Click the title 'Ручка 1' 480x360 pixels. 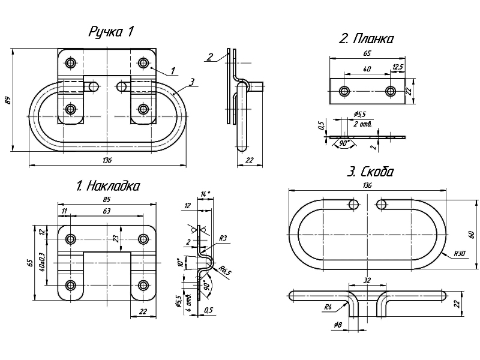click(110, 32)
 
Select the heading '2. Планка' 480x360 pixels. click(366, 40)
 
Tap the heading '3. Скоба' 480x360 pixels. click(370, 172)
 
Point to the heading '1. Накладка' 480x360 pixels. click(109, 186)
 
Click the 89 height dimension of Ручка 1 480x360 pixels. click(8, 100)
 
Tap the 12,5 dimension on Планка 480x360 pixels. click(397, 67)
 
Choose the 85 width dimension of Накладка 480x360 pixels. click(106, 199)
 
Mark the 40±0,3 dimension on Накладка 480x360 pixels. click(41, 262)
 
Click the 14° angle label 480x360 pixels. click(206, 194)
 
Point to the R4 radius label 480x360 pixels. click(328, 307)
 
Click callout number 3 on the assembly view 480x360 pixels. click(191, 82)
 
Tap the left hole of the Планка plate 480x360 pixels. click(344, 92)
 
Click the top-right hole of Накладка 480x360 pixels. click(143, 239)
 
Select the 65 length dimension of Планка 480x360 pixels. click(367, 53)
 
